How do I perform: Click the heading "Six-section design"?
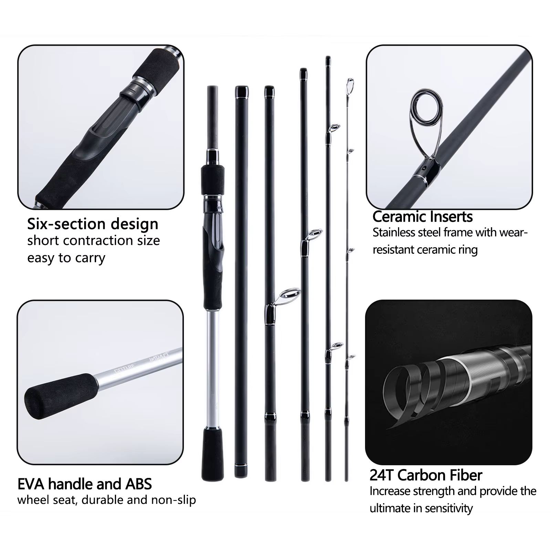93,224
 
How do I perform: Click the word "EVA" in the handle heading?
31,484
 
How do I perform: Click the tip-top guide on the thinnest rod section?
350,84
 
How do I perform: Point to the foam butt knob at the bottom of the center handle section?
212,454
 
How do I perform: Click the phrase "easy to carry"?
66,258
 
